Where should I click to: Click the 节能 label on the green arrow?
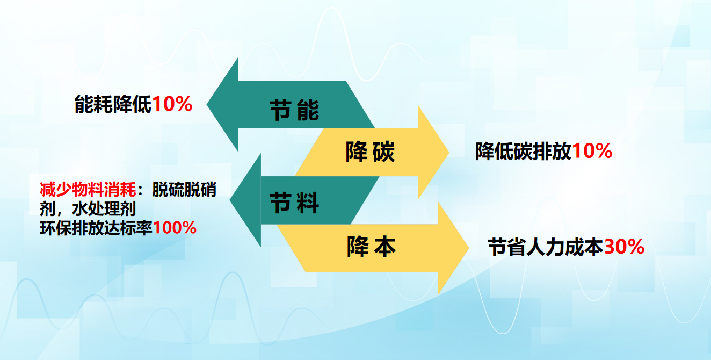pos(294,110)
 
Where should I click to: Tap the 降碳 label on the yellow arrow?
pos(370,152)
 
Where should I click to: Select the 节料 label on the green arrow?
pos(294,203)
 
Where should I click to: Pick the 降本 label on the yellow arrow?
pos(371,246)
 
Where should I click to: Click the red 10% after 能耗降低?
pos(172,104)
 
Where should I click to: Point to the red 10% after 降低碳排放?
pos(592,151)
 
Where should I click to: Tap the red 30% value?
pos(625,247)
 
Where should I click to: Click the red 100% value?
pos(175,228)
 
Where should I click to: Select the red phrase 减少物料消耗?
pos(88,190)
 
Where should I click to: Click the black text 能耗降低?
pos(113,104)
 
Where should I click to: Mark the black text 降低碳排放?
pos(524,151)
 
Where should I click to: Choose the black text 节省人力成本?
pos(546,247)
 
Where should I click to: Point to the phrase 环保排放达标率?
pos(96,228)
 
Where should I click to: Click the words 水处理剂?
pos(104,208)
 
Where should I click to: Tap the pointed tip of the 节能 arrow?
pos(207,104)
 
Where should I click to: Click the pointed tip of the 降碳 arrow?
pos(449,152)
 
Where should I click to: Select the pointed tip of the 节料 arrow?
pos(230,200)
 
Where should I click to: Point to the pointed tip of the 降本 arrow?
pos(469,248)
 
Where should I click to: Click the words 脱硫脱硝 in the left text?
pos(184,190)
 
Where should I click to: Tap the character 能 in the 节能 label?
pos(308,110)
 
